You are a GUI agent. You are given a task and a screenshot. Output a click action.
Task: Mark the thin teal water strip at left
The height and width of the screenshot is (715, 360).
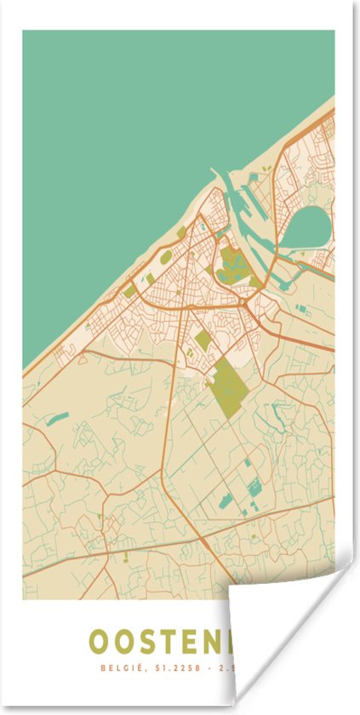coord(57,417)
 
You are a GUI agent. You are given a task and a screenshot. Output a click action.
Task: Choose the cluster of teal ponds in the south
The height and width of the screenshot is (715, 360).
coord(253,488)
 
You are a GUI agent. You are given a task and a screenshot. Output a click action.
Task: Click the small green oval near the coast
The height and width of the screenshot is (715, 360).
coord(181,231)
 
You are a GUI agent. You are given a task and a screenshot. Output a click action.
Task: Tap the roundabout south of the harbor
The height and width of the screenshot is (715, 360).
coord(244,302)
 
